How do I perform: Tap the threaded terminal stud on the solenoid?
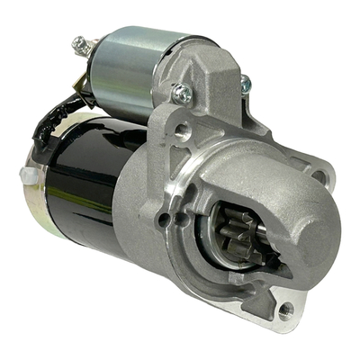[81, 44]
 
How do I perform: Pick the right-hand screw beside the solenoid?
[245, 83]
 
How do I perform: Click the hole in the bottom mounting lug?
[286, 310]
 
